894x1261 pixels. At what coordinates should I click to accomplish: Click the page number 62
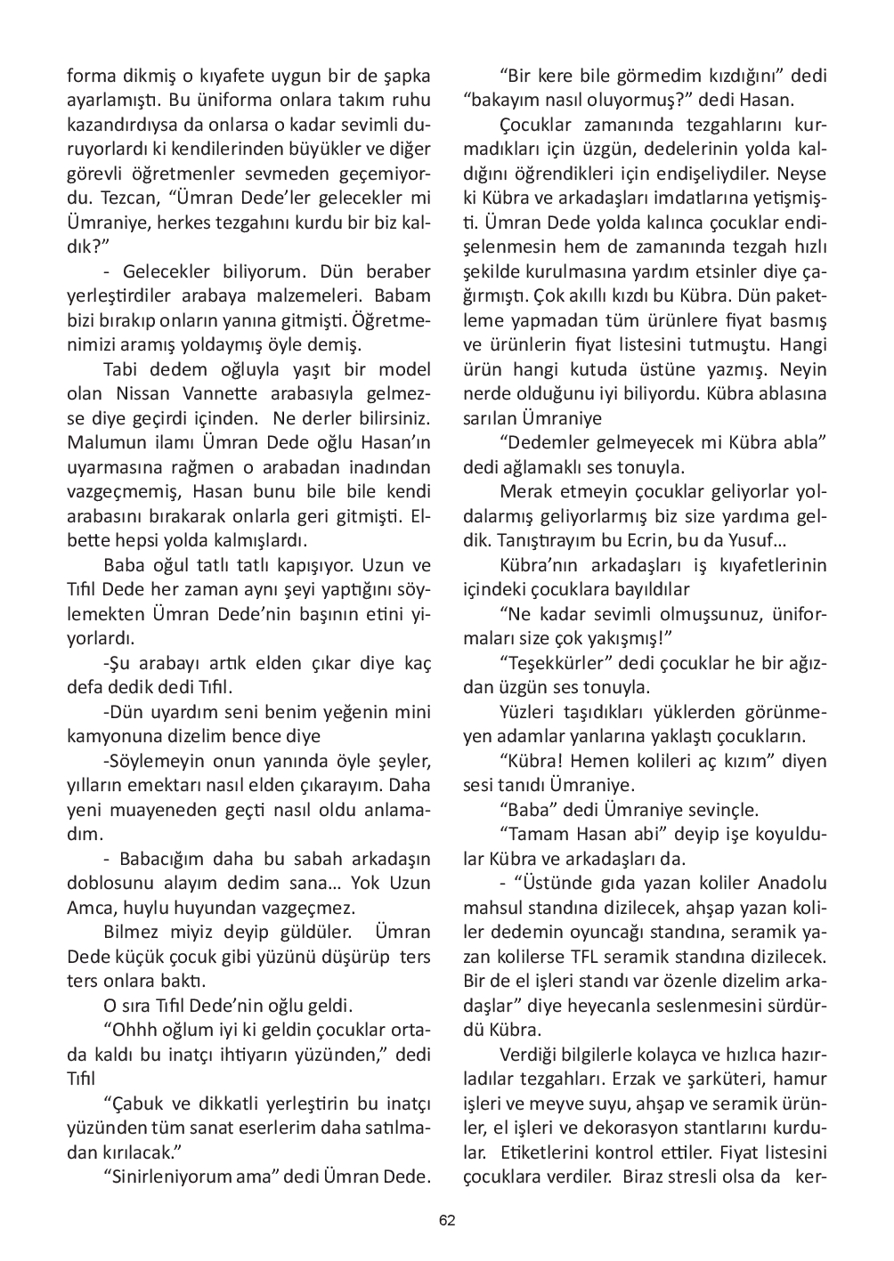(x=447, y=1220)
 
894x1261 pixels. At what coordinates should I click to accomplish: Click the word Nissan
(x=144, y=393)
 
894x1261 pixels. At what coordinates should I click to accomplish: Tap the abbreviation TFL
(x=630, y=958)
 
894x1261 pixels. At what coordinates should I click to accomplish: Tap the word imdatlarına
(x=673, y=198)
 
